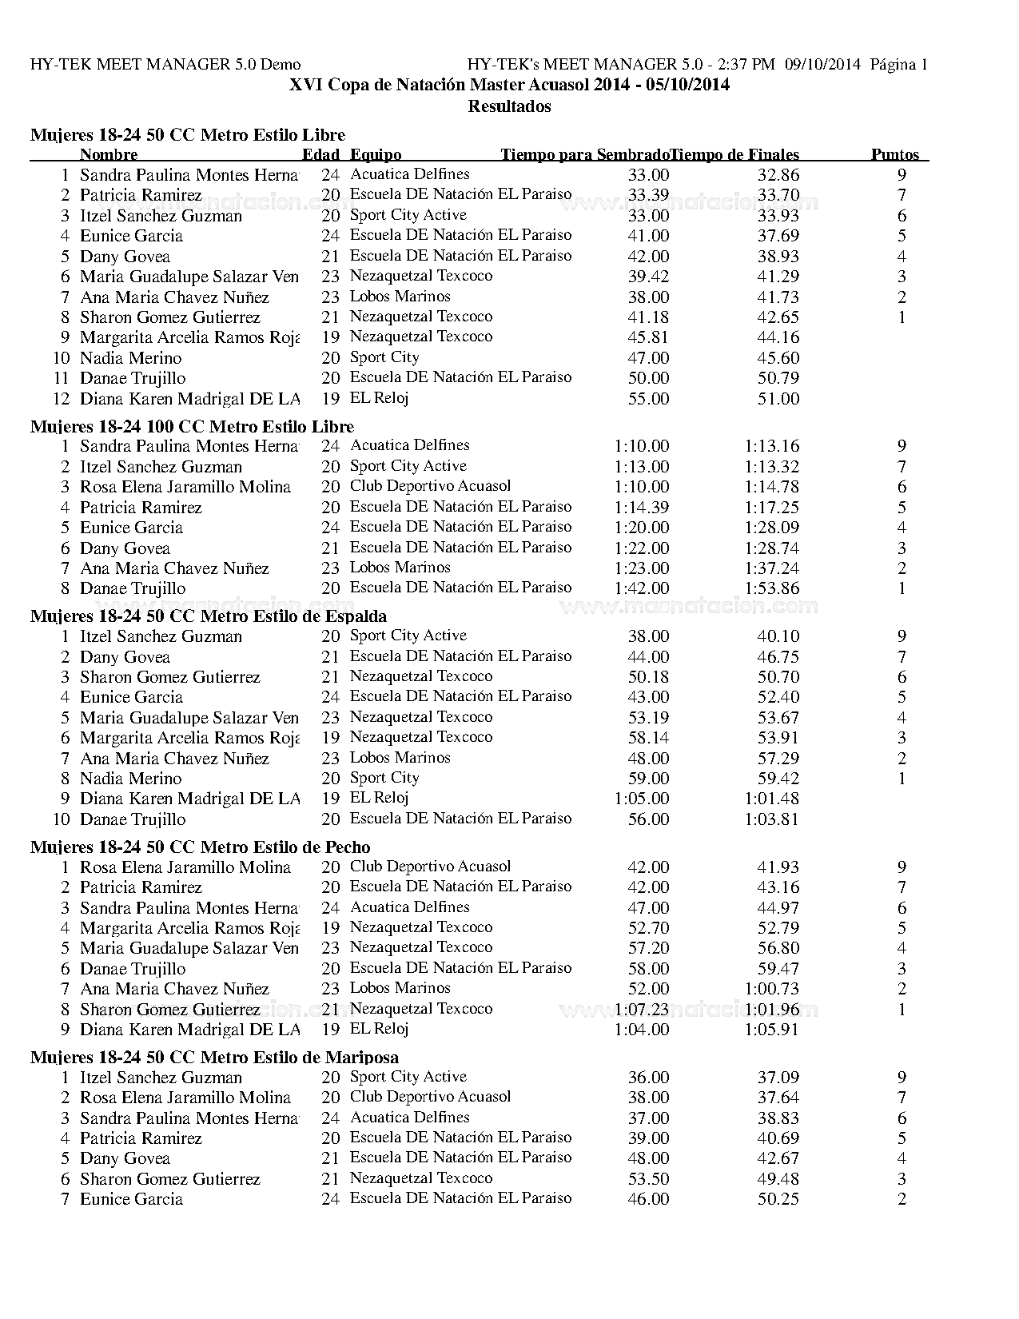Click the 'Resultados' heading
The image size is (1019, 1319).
pyautogui.click(x=509, y=106)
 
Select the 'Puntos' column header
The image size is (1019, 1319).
pyautogui.click(x=894, y=155)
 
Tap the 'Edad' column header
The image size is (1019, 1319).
pyautogui.click(x=320, y=155)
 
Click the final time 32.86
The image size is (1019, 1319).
pyautogui.click(x=778, y=175)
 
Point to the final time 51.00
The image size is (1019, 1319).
pyautogui.click(x=778, y=399)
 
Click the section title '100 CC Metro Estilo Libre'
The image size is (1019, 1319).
pyautogui.click(x=192, y=426)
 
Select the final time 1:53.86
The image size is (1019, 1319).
pyautogui.click(x=771, y=588)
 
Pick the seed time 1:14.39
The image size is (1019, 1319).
pyautogui.click(x=641, y=508)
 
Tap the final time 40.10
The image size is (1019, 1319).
pyautogui.click(x=778, y=636)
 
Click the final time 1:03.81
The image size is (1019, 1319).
pyautogui.click(x=771, y=819)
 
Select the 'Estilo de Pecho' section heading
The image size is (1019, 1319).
pyautogui.click(x=200, y=847)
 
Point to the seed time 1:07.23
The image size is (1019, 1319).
pyautogui.click(x=641, y=1010)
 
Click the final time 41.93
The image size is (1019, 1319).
pyautogui.click(x=778, y=867)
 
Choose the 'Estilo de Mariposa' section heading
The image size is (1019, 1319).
pyautogui.click(x=214, y=1058)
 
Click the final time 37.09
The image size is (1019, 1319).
pyautogui.click(x=778, y=1078)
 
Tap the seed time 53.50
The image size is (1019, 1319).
pyautogui.click(x=648, y=1179)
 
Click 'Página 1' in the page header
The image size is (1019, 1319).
pyautogui.click(x=898, y=65)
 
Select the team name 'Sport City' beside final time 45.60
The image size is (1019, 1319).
pyautogui.click(x=384, y=357)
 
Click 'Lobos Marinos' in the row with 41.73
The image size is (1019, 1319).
pyautogui.click(x=400, y=297)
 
